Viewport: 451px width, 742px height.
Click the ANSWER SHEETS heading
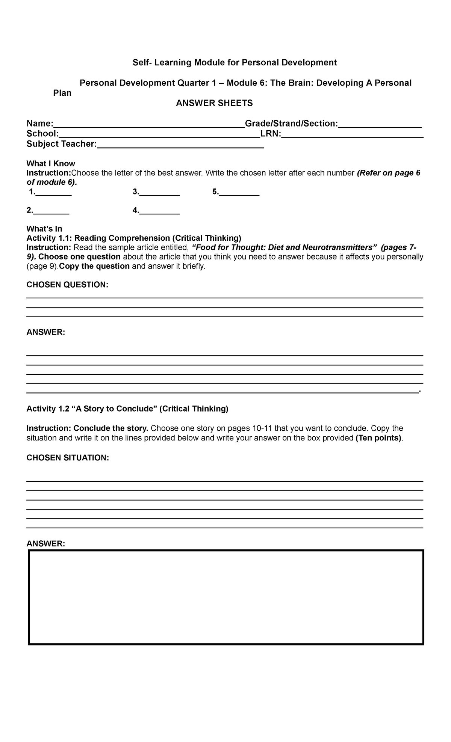click(x=214, y=103)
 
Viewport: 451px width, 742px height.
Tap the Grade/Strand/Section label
click(x=291, y=124)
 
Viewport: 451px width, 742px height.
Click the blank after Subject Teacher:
click(x=180, y=145)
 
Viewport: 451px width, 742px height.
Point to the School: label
click(x=42, y=134)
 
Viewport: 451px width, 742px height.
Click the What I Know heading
click(x=51, y=163)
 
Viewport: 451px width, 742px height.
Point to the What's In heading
click(x=44, y=229)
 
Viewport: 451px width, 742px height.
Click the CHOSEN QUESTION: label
click(x=67, y=285)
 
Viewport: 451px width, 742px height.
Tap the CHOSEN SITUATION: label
click(x=68, y=457)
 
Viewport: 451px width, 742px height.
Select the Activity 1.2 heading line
click(x=127, y=409)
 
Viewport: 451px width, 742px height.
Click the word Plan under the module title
click(x=62, y=93)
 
